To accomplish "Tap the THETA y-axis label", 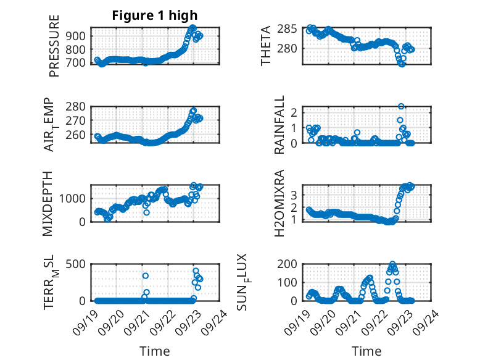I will pyautogui.click(x=266, y=45).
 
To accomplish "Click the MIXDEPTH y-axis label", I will pyautogui.click(x=48, y=204).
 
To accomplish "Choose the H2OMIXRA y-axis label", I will pyautogui.click(x=279, y=203).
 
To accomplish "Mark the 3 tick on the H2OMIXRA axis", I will pyautogui.click(x=296, y=195).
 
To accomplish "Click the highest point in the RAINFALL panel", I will pyautogui.click(x=401, y=107).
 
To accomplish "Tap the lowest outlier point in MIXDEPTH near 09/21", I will pyautogui.click(x=147, y=212).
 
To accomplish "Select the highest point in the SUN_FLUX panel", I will pyautogui.click(x=392, y=264).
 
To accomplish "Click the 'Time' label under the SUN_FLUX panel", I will pyautogui.click(x=366, y=351).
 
